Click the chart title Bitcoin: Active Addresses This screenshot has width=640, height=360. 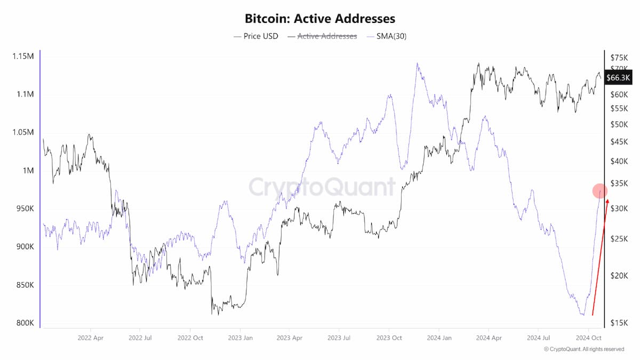click(x=320, y=19)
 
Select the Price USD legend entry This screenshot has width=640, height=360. click(x=255, y=36)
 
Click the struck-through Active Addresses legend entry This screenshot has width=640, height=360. click(x=322, y=36)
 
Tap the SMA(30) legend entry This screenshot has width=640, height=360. click(x=386, y=36)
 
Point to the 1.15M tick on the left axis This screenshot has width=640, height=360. click(x=23, y=57)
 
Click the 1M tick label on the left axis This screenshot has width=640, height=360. click(x=28, y=171)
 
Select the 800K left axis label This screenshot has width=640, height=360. click(x=25, y=323)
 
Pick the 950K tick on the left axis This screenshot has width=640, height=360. click(x=25, y=209)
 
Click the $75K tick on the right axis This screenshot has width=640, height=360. click(x=619, y=58)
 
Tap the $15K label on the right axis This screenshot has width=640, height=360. click(x=619, y=323)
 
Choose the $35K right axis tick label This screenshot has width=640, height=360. click(x=619, y=183)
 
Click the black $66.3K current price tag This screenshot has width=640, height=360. click(x=618, y=77)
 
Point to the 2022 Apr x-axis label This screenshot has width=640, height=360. click(x=90, y=338)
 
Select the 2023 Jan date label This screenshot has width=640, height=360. click(x=241, y=338)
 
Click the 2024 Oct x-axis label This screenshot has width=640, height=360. click(x=589, y=338)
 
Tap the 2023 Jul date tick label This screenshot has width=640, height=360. click(x=339, y=338)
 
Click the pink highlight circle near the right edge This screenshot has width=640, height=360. click(x=600, y=191)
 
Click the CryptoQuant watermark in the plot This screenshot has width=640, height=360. click(x=322, y=187)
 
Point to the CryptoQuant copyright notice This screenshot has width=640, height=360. click(x=583, y=349)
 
